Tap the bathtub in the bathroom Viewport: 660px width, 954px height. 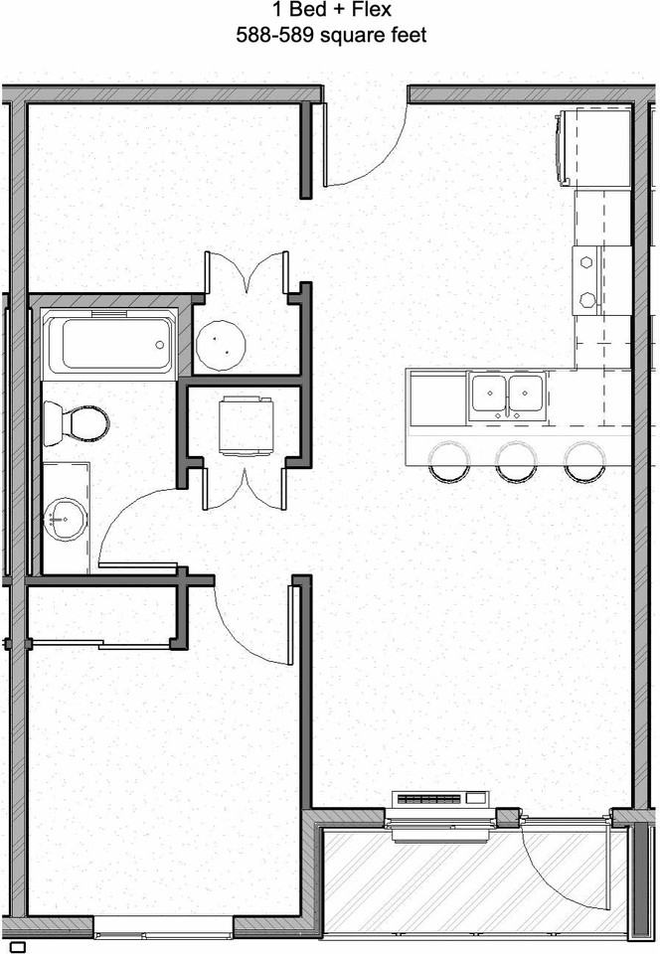tap(110, 344)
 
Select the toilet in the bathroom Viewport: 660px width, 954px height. tap(79, 421)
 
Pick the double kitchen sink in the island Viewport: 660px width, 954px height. tap(507, 394)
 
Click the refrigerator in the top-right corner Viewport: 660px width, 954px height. tap(595, 148)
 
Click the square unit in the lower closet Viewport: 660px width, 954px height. tap(245, 423)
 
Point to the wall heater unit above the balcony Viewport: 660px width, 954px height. tap(441, 797)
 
